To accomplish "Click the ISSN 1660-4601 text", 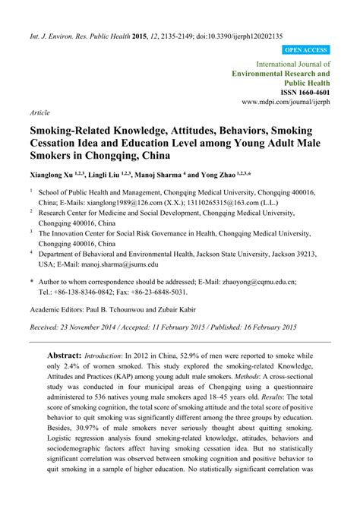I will (x=297, y=90).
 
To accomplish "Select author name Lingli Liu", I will (x=109, y=175).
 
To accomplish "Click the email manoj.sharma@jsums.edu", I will (x=122, y=264).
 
